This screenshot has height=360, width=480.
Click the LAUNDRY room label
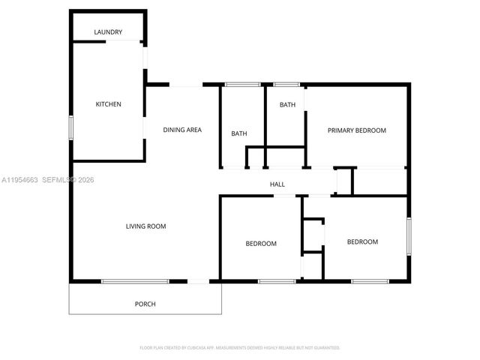click(108, 32)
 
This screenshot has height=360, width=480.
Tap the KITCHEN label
click(108, 104)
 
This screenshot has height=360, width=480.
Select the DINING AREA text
click(182, 130)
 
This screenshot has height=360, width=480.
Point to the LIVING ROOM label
click(145, 226)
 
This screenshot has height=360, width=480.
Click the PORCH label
click(145, 304)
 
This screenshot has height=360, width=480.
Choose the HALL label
click(277, 184)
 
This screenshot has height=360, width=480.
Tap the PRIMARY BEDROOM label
click(356, 130)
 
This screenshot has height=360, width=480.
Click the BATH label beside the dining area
click(239, 133)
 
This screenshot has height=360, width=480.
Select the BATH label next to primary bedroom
click(287, 105)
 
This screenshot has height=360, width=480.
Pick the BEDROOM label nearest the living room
click(261, 244)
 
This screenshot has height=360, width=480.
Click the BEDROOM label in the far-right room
click(362, 241)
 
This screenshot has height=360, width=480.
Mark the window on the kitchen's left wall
click(71, 127)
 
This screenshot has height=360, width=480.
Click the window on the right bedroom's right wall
click(409, 236)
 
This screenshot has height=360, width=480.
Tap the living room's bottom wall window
click(135, 281)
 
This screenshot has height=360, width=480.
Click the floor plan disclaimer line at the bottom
click(240, 348)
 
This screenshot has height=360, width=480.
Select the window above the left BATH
click(238, 84)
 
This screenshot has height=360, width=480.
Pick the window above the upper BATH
click(286, 84)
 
